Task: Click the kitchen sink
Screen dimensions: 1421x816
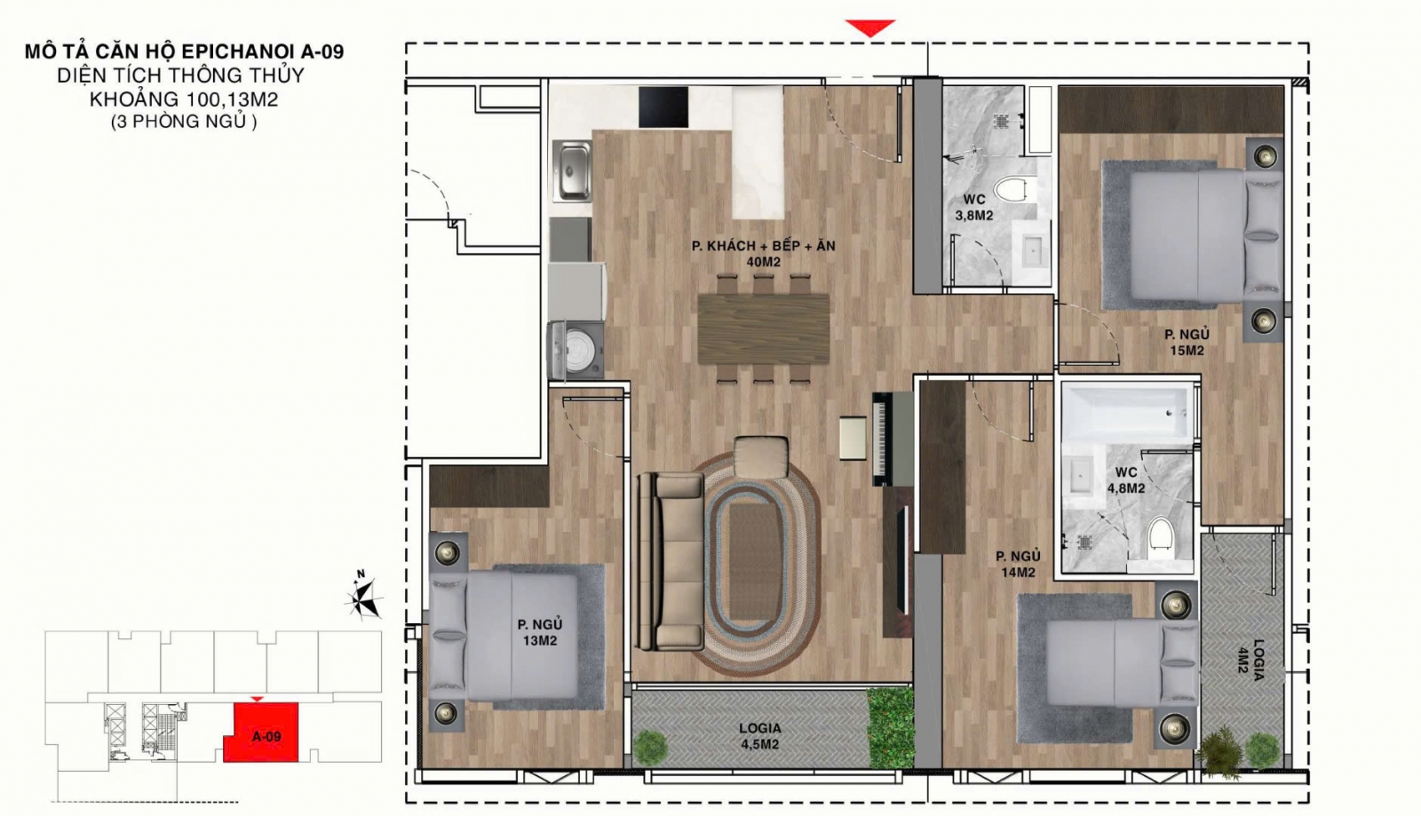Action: coord(572,170)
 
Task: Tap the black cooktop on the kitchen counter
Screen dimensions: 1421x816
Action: coord(663,107)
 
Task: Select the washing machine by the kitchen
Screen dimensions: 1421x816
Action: coord(576,350)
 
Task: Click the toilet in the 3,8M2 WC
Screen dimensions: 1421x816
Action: coord(1012,190)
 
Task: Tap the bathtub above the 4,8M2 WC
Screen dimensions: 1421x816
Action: coord(1127,413)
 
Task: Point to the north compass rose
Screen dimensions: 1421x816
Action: coord(363,595)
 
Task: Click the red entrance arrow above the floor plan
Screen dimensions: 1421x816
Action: coord(869,28)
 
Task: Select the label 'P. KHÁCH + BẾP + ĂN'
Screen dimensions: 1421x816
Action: coord(763,245)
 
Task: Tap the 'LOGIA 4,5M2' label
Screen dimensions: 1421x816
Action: coord(759,736)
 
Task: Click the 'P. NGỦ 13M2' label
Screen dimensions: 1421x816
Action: coord(539,632)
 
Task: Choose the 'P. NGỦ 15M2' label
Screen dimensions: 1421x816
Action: coord(1187,343)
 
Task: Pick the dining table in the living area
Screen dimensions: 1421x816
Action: coord(763,329)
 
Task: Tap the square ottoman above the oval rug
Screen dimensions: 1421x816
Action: coord(760,457)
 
